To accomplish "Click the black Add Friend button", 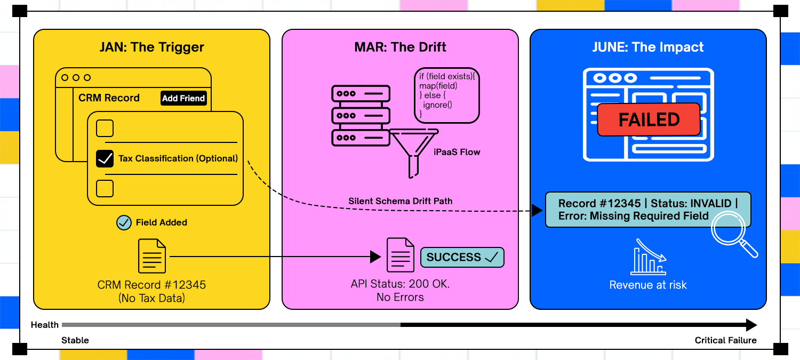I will coord(183,98).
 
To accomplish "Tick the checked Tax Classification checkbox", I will coord(105,158).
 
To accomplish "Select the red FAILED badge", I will coord(649,119).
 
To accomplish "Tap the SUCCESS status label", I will coord(462,257).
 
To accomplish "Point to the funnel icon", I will coord(414,151).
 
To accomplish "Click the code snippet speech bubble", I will coord(446,95).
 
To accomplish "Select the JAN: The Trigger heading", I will coord(151,47).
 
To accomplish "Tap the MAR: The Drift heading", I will coord(400,47).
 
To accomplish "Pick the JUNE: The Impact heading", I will coord(648,47).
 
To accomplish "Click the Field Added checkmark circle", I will coord(124,222).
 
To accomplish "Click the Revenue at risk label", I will coord(648,285).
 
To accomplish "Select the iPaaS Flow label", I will coord(457,152).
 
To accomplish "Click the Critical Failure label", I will coord(725,340).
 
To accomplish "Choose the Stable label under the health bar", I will coord(75,340).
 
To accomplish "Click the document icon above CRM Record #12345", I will coord(151,256).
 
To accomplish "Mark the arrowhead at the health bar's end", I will coord(751,325).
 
